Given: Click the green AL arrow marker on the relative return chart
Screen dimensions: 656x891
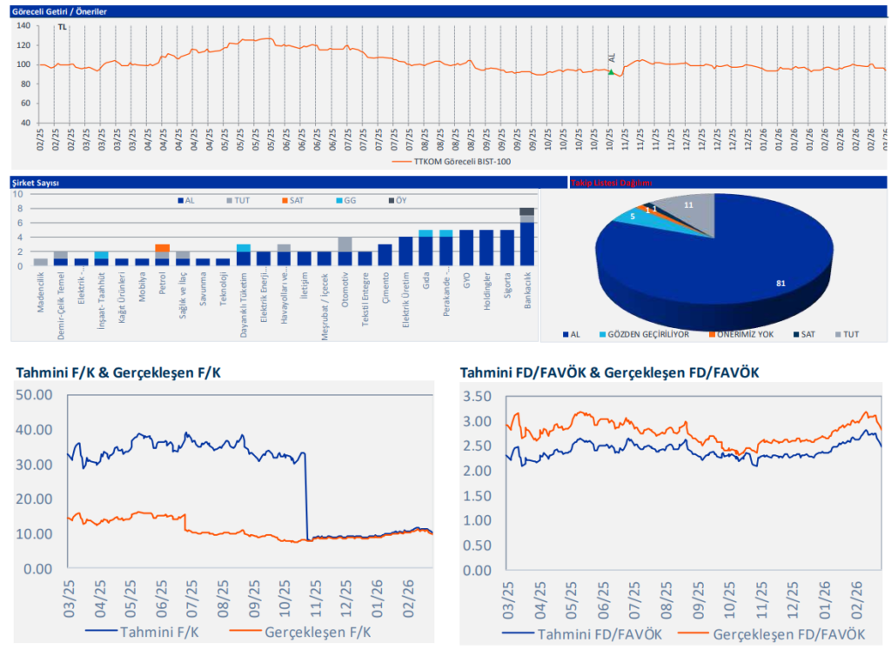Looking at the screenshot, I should click(x=611, y=72).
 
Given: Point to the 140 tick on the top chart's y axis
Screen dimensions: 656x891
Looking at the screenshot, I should click(x=23, y=25).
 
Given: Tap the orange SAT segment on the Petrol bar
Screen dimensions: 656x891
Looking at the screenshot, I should click(x=162, y=248).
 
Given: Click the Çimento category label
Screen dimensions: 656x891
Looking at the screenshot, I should click(x=385, y=285).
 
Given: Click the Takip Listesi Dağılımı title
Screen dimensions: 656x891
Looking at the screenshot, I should click(x=611, y=183).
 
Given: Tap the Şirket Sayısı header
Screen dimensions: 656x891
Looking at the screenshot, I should click(x=35, y=183).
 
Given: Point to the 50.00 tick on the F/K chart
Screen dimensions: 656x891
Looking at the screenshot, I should click(x=36, y=395).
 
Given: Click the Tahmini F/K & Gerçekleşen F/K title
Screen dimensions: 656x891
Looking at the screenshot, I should click(x=118, y=372).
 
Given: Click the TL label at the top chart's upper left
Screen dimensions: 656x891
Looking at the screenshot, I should click(x=62, y=27).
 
